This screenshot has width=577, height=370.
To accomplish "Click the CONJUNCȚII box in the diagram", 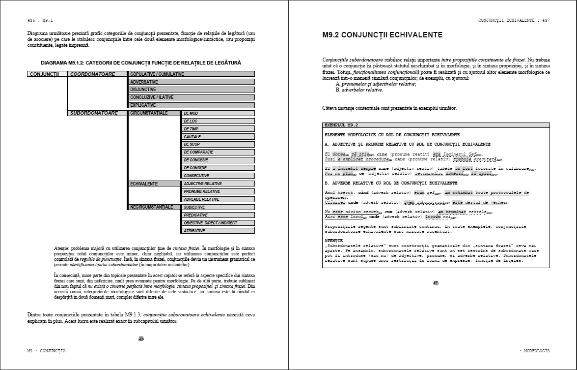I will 47,74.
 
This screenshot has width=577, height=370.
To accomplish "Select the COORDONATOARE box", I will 97,74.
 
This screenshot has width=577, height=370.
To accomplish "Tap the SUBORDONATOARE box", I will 97,113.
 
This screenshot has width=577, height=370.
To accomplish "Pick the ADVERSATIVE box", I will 192,82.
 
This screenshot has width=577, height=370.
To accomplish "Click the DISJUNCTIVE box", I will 192,90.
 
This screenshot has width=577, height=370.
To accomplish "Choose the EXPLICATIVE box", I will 192,105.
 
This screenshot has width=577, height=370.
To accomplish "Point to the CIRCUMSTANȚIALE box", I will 154,113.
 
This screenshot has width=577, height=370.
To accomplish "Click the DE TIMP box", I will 219,129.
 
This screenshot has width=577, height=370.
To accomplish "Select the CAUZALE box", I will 219,137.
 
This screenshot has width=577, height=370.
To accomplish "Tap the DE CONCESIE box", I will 219,160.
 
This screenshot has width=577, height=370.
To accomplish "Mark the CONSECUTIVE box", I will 219,176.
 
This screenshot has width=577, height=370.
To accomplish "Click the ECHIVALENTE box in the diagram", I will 154,184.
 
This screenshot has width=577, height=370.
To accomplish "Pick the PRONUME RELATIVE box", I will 219,191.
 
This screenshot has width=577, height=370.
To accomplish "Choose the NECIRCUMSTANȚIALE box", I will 154,207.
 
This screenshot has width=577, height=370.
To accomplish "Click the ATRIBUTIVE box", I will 219,231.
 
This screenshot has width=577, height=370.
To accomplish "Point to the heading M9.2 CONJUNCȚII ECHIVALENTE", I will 383,35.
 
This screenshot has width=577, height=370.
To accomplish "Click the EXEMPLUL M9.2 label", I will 341,125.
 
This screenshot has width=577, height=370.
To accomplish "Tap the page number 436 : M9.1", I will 40,20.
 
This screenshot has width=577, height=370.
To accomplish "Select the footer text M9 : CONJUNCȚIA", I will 46,351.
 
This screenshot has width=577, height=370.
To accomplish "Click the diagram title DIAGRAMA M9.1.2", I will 141,63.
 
